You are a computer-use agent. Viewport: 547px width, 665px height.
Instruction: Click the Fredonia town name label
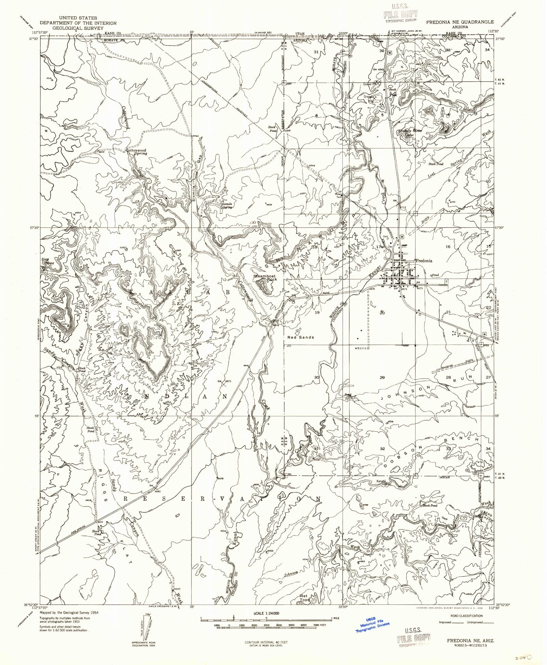tap(424, 260)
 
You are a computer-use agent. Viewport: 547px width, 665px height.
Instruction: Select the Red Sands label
tap(301, 337)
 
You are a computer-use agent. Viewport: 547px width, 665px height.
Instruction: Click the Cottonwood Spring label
tap(136, 152)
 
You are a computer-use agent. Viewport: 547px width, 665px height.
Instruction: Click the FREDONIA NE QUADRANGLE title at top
tap(459, 22)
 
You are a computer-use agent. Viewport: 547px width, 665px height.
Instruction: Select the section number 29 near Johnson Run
tap(382, 377)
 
